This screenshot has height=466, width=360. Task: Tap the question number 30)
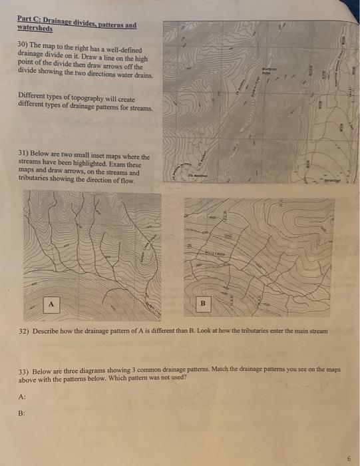pyautogui.click(x=24, y=43)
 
